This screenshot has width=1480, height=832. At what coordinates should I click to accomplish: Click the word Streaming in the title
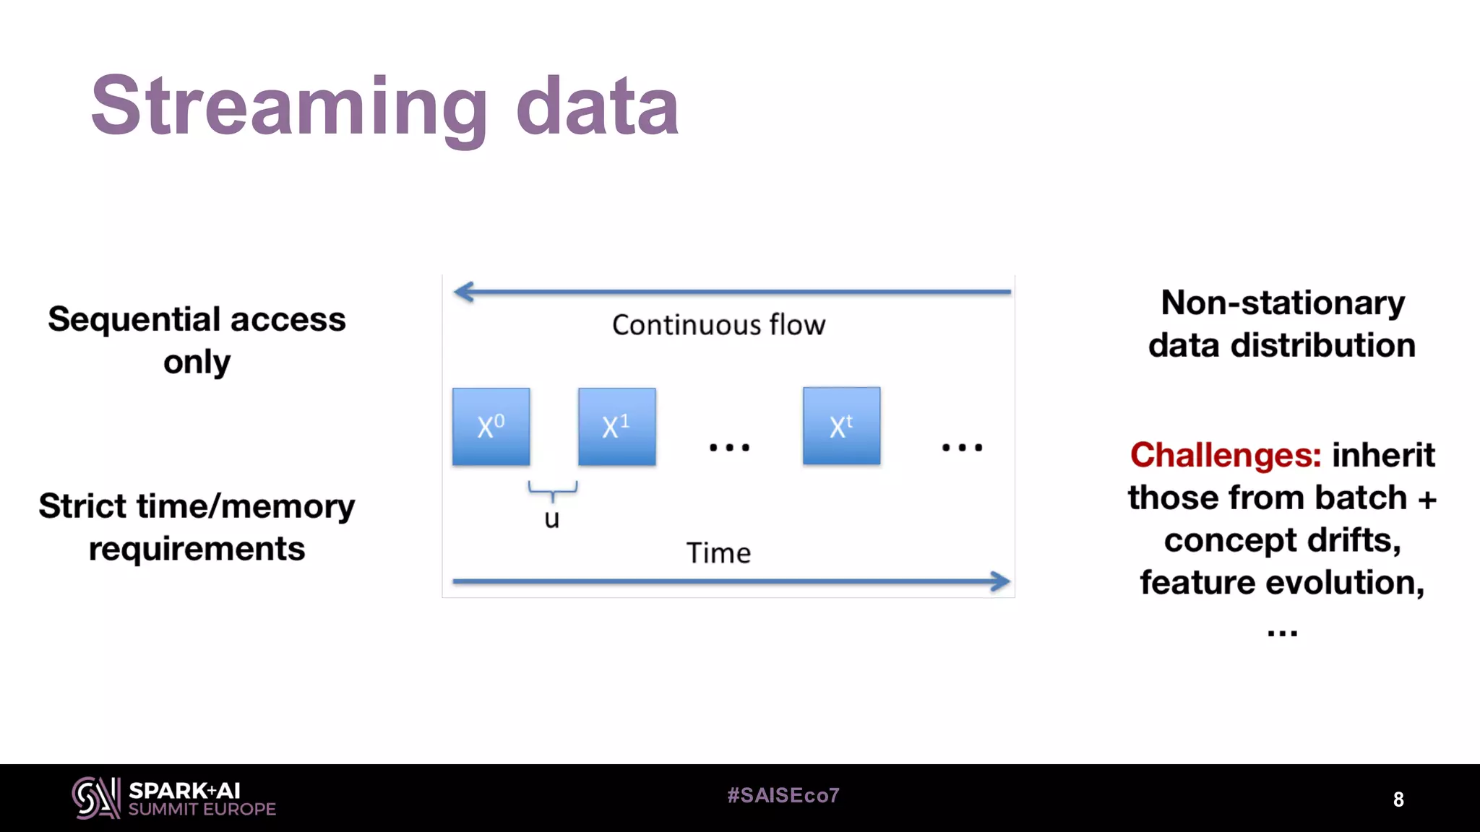coord(289,108)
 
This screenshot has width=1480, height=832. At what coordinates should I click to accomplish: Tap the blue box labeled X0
coord(491,426)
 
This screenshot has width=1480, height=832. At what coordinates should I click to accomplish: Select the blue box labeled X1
coord(616,426)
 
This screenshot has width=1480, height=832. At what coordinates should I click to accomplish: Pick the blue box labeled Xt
coord(841,426)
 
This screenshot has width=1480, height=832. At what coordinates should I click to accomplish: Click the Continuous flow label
coord(718,325)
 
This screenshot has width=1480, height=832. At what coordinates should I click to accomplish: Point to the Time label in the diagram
coord(718,553)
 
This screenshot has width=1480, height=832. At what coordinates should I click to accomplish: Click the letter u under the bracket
coord(552,519)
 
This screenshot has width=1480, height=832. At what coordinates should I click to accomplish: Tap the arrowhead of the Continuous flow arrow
coord(462,292)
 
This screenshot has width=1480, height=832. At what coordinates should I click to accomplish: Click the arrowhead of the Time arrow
coord(1001,581)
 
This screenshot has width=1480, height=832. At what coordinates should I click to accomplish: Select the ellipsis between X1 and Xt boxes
coord(729,448)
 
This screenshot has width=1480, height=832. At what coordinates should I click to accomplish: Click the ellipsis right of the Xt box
coord(962,448)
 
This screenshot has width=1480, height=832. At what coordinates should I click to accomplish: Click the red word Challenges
coord(1226,455)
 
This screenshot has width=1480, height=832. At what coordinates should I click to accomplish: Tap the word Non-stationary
coord(1283,303)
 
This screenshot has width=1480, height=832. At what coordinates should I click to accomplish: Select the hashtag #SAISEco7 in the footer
coord(783,795)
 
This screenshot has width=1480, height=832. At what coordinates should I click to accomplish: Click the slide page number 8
coord(1398,799)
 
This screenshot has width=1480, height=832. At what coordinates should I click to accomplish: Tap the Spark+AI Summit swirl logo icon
coord(95,798)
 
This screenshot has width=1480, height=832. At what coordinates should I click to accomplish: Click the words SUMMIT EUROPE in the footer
coord(202,810)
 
